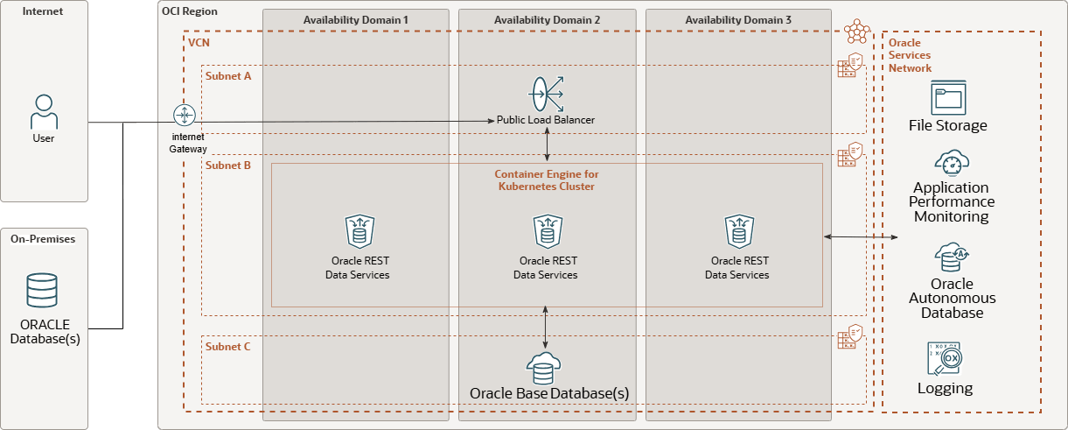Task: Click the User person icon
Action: pos(44,112)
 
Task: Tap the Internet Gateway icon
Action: pos(185,116)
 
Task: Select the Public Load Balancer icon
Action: pos(547,94)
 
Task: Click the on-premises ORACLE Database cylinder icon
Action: pos(42,290)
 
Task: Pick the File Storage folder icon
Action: pos(948,97)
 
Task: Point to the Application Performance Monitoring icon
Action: pos(952,163)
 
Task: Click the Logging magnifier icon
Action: pos(945,359)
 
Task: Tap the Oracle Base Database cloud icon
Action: pos(543,369)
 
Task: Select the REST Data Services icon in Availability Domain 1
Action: pos(360,231)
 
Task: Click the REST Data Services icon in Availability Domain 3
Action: pos(739,231)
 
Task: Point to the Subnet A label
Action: pos(228,76)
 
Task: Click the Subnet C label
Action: pos(228,347)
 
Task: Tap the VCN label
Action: pos(199,43)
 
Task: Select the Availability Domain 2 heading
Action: pos(547,20)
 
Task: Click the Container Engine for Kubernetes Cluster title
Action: pos(547,180)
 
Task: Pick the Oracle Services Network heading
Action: pos(910,55)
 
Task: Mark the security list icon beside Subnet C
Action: pos(850,337)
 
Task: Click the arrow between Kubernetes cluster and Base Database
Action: pos(546,328)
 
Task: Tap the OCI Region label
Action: pos(189,11)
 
